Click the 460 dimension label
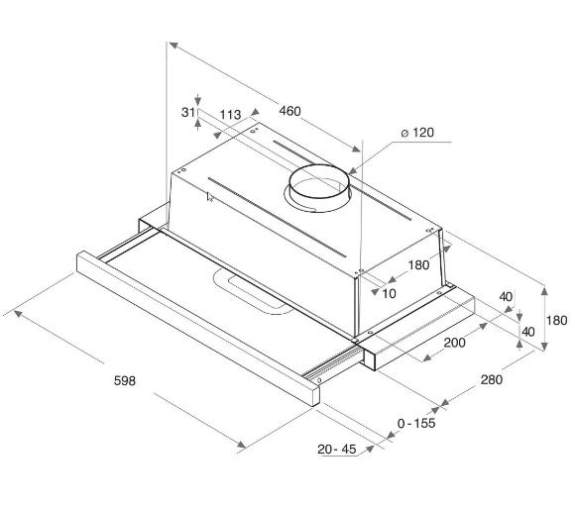click(289, 111)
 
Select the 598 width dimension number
click(125, 381)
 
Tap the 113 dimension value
click(230, 115)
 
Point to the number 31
click(188, 112)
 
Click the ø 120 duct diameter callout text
click(417, 133)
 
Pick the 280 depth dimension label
click(492, 379)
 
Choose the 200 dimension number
click(455, 343)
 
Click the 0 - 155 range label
click(416, 423)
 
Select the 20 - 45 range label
click(337, 449)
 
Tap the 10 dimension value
click(389, 293)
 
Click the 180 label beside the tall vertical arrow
click(557, 321)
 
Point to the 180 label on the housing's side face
click(418, 264)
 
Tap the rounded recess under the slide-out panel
click(253, 293)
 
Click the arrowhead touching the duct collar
click(352, 170)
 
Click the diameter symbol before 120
click(404, 134)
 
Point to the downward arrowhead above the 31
click(198, 100)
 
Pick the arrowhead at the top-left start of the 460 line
click(173, 46)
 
